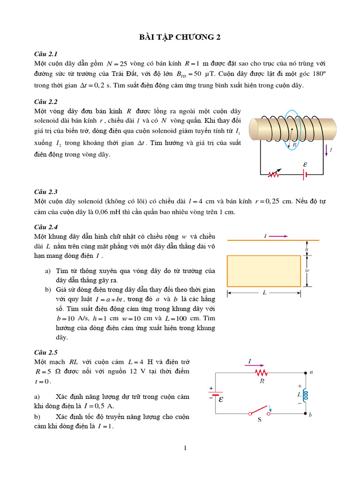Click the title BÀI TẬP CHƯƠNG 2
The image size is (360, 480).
pos(180,38)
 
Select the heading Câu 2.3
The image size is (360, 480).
pos(45,191)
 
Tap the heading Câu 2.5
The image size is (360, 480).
pos(45,352)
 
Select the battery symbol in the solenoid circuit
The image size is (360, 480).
pos(305,174)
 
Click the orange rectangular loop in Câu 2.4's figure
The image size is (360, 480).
pos(263,271)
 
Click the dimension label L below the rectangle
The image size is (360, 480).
pos(264,292)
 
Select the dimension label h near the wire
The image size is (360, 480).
pos(307,248)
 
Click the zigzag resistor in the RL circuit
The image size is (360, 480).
pos(261,372)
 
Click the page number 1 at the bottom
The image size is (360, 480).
pos(185,448)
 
